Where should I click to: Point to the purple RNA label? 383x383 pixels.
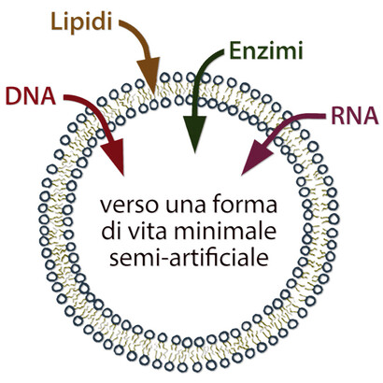click(x=353, y=117)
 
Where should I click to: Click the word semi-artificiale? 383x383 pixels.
click(x=191, y=254)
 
